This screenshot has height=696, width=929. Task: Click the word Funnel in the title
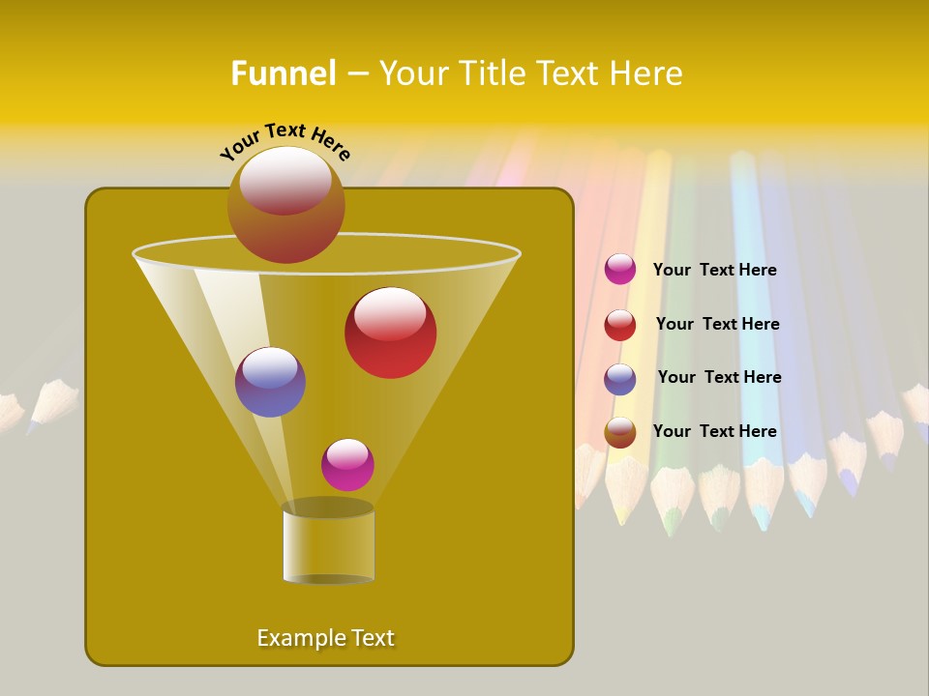pos(283,73)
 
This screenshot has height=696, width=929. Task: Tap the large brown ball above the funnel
pos(285,204)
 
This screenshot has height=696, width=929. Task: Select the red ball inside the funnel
pos(390,333)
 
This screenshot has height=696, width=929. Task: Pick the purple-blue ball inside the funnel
pos(270,382)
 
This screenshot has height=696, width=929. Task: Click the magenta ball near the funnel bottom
pos(347,465)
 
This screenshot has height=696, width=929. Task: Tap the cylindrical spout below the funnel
pos(328,543)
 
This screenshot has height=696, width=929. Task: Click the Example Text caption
pos(325,638)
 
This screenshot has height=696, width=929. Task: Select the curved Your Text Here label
pos(285,141)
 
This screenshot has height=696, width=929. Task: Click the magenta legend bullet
pos(620,270)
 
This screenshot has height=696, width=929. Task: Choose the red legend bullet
pos(620,325)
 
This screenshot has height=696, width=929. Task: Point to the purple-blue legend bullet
pos(620,379)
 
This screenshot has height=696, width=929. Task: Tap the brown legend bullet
pos(620,432)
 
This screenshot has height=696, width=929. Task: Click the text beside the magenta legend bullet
pos(714,271)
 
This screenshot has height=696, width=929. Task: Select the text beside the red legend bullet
pos(717,324)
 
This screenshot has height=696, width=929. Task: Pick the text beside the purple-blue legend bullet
pos(719,377)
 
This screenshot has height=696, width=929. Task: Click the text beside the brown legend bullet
pos(714,431)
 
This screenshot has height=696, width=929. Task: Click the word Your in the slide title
pos(413,73)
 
